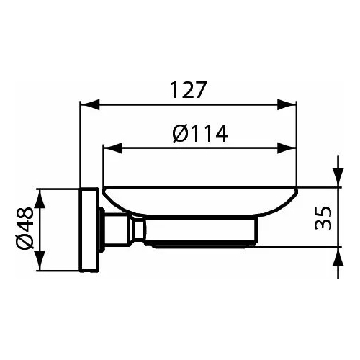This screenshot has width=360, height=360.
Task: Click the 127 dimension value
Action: coord(188,91)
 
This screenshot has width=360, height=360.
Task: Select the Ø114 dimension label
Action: coord(200,133)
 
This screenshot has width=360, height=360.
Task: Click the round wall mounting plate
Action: coord(89,230)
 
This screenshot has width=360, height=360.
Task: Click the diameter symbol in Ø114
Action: coord(181,133)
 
